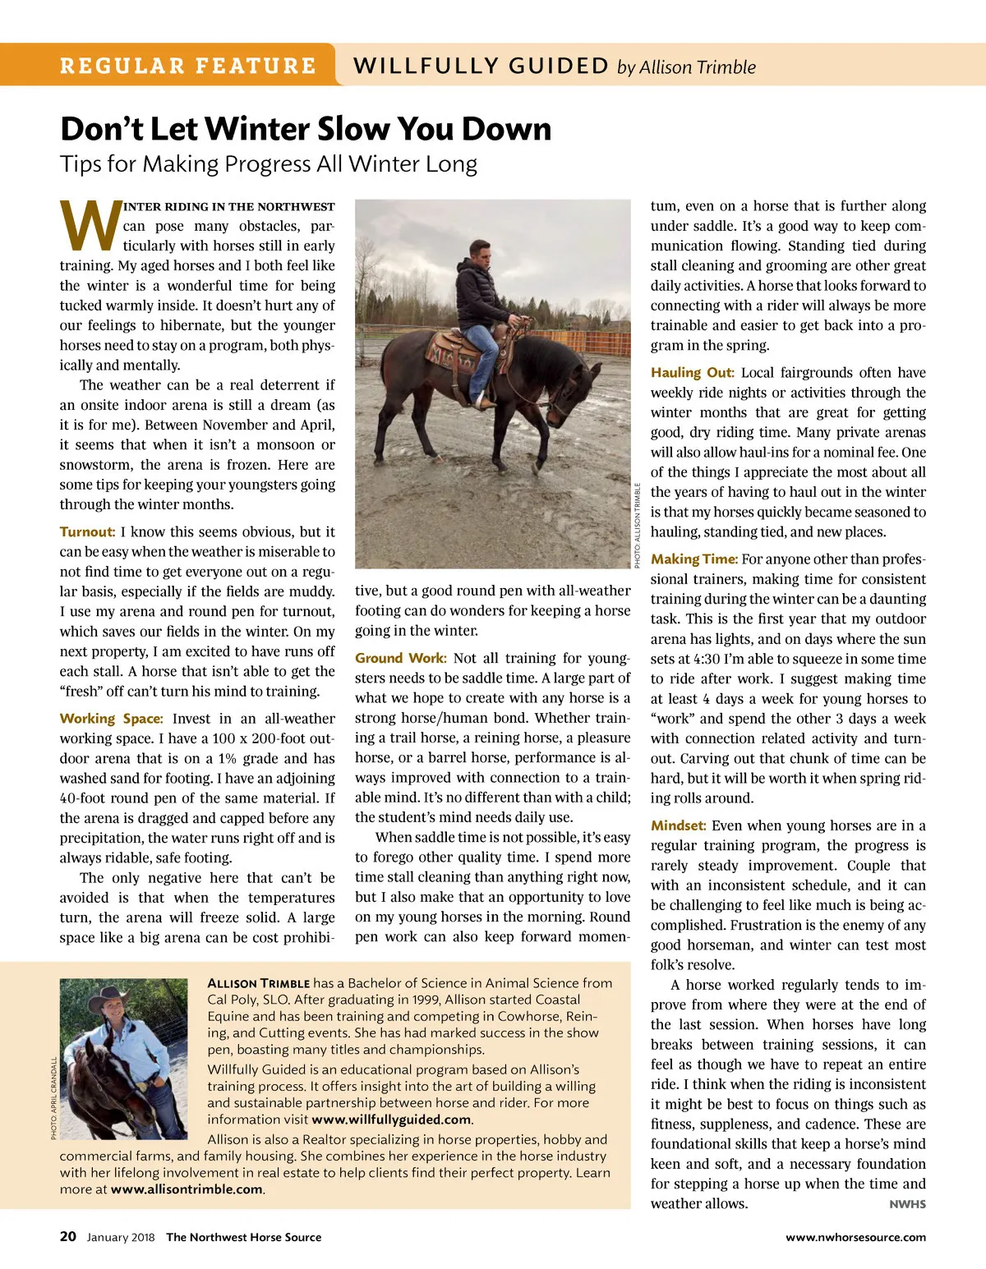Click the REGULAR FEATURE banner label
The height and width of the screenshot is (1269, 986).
coord(187,66)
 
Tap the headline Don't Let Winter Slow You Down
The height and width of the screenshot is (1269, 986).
coord(306,129)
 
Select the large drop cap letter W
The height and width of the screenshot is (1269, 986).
coord(90,226)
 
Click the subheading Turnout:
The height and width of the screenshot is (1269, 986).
coord(87,531)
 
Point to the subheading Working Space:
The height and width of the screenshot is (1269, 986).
coord(111,718)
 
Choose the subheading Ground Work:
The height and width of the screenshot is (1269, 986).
coord(400,658)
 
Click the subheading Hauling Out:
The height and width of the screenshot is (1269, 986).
coord(692,372)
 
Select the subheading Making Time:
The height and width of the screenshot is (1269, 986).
coord(693,559)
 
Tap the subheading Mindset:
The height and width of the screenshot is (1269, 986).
coord(678,825)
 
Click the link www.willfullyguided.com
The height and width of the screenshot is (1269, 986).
coord(392,1119)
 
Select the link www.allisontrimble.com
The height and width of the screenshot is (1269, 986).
coord(187,1189)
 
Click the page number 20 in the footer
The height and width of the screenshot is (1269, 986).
coord(68,1236)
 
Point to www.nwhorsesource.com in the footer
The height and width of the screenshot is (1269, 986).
coord(855,1237)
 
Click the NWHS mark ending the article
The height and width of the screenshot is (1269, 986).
coord(907,1204)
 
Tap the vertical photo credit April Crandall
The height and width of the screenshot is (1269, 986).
coord(53,1098)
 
